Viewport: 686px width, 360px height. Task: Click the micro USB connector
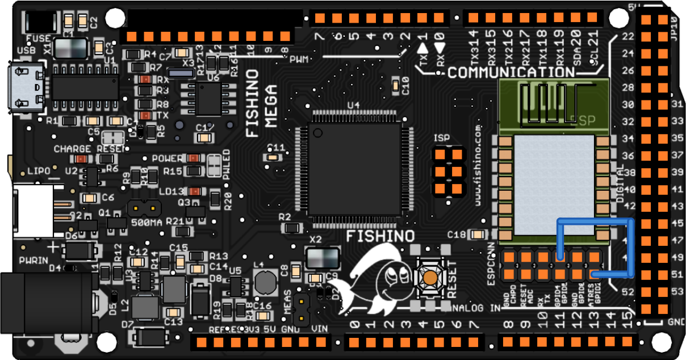(27, 88)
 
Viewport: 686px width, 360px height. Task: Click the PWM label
(300, 60)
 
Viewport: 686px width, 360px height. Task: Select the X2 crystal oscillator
(323, 257)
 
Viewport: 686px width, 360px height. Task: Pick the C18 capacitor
(479, 235)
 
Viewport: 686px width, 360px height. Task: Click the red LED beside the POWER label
(194, 158)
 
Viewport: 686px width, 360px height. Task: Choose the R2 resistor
(292, 228)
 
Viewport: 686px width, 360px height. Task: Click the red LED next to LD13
(195, 191)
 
